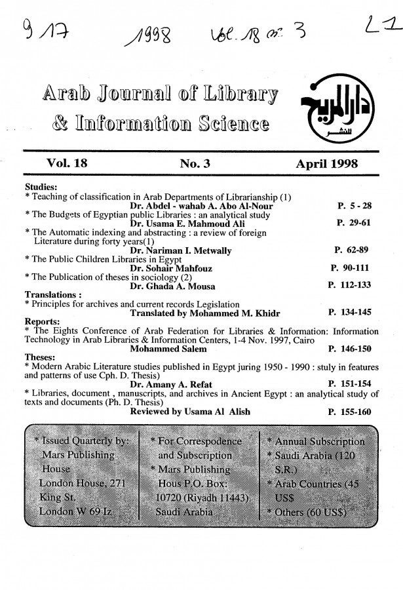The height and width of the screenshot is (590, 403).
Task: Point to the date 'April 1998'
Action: tap(327, 164)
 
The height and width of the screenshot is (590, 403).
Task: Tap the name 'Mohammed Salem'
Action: tap(164, 349)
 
